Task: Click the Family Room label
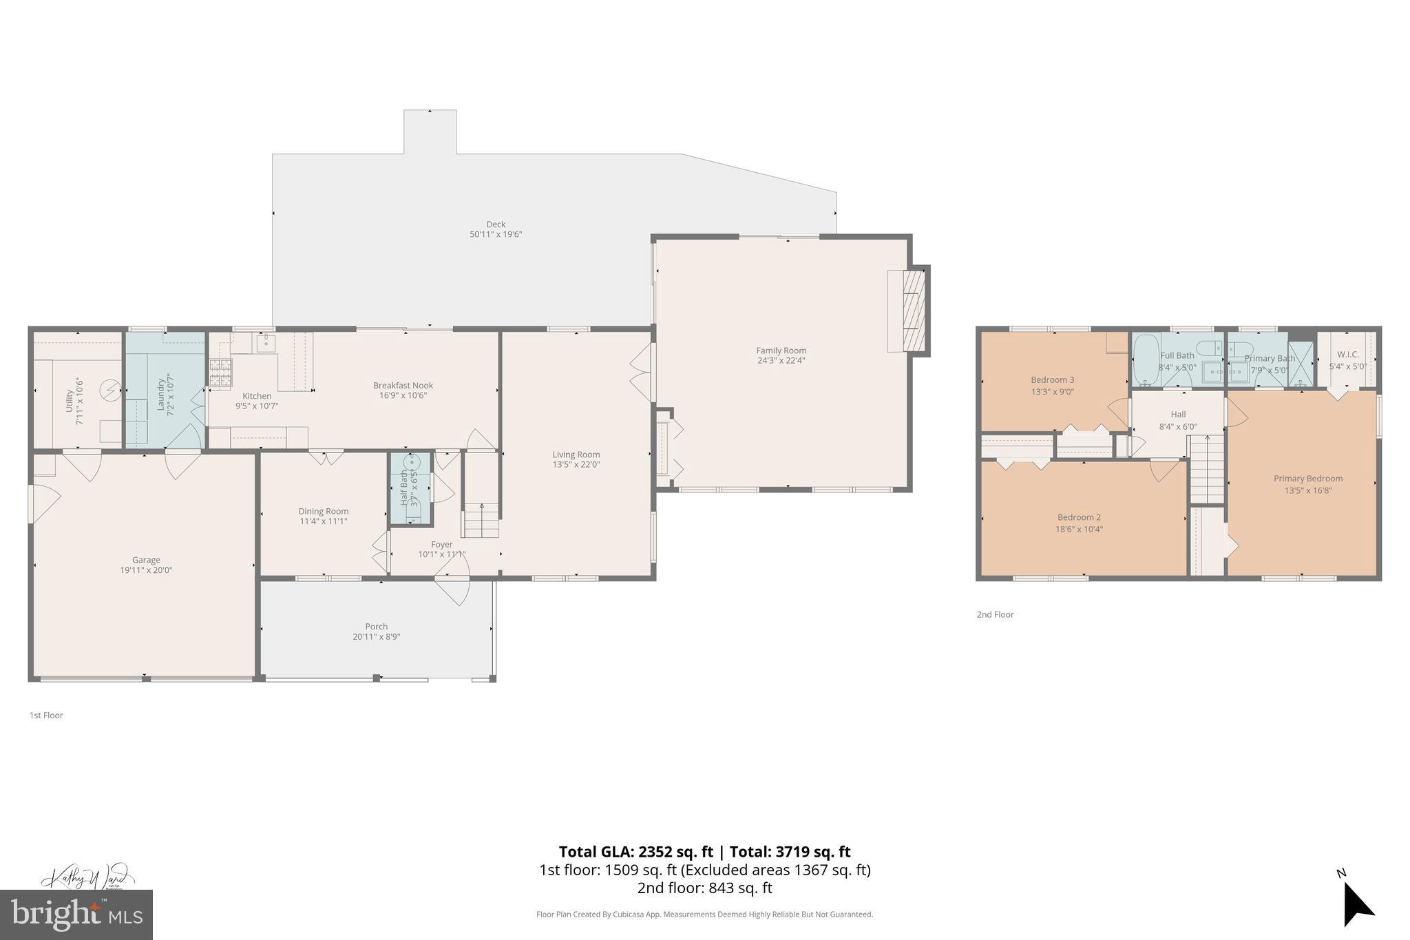coord(781,351)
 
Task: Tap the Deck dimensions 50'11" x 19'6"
coord(496,234)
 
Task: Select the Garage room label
coord(146,560)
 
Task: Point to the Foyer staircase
coord(481,521)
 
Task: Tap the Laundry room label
coord(162,393)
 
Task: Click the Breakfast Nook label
coord(403,386)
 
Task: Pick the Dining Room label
coord(323,511)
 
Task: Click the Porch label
coord(376,627)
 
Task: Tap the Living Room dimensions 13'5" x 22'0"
coord(576,465)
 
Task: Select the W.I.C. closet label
coord(1347,355)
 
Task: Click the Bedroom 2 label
coord(1079,517)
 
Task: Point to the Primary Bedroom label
coord(1307,479)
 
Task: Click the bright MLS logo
coord(76,915)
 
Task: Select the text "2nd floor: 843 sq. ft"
coord(704,888)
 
